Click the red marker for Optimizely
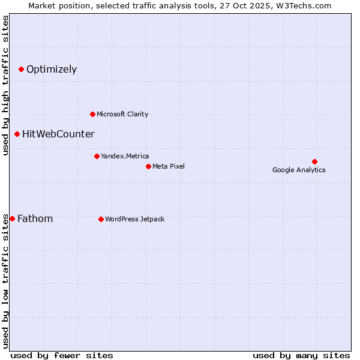21,70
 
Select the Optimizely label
52,70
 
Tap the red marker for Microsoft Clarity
92,114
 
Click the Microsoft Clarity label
122,114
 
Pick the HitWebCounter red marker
17,134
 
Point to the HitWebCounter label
58,134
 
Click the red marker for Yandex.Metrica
97,156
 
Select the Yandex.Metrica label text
125,156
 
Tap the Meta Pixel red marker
148,166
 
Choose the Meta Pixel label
169,166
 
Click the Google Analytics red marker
314,161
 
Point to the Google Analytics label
299,170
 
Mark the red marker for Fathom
12,219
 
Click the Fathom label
35,219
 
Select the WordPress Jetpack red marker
101,219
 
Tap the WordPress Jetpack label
134,219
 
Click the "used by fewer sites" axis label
62,355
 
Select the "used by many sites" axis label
301,355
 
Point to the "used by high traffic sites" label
5,86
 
